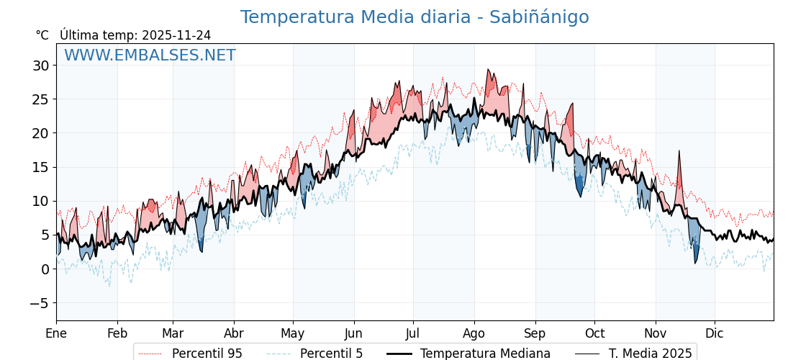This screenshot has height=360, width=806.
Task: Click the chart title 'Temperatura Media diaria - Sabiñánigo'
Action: (414, 17)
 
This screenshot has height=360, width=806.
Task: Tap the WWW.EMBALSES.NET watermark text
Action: (150, 55)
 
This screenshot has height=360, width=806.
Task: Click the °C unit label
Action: (42, 35)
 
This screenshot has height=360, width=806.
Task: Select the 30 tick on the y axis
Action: (40, 66)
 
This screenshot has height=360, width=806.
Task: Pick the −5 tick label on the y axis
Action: (37, 303)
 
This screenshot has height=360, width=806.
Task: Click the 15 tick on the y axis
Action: (40, 167)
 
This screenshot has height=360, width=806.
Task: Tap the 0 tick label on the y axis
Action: (45, 269)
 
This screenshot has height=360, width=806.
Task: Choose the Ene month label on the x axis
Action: (56, 333)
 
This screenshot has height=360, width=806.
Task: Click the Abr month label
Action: (234, 333)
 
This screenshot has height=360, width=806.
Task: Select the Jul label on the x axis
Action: (413, 333)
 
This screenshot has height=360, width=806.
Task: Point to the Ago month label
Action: (474, 333)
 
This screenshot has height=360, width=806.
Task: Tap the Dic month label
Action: (715, 333)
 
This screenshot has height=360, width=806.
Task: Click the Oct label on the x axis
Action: (594, 333)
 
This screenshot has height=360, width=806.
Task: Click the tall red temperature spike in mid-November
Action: (679, 173)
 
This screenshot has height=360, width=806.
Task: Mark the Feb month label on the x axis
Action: (117, 333)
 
